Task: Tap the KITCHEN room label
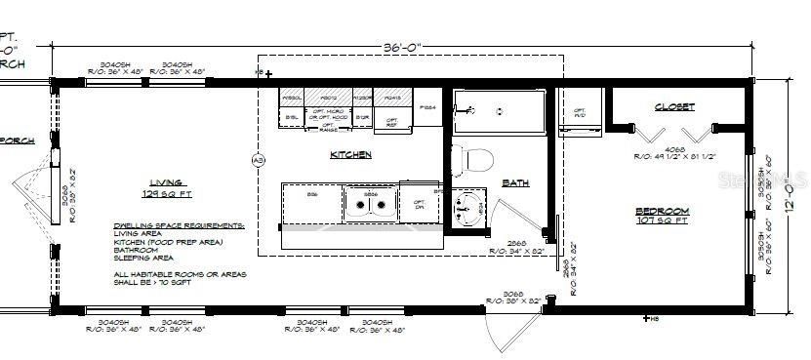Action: pyautogui.click(x=350, y=155)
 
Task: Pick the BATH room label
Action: pyautogui.click(x=515, y=182)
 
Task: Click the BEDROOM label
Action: pyautogui.click(x=662, y=211)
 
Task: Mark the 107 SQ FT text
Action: pyautogui.click(x=663, y=221)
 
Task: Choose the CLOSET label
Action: pyautogui.click(x=674, y=106)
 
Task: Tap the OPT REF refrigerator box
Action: pyautogui.click(x=391, y=122)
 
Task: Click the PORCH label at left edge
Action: pyautogui.click(x=18, y=140)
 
